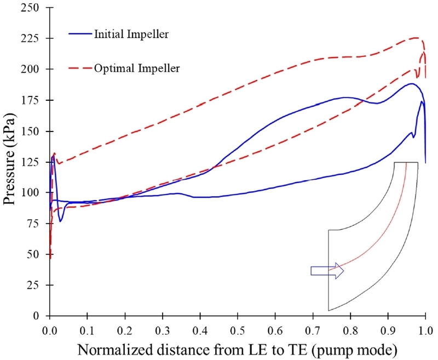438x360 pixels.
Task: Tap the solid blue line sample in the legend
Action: coord(81,34)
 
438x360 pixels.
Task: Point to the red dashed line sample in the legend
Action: coord(81,68)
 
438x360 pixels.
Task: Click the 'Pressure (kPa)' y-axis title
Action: coord(12,162)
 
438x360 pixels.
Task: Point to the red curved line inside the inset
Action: coord(383,230)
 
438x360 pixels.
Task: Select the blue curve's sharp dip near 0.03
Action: coord(61,220)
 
